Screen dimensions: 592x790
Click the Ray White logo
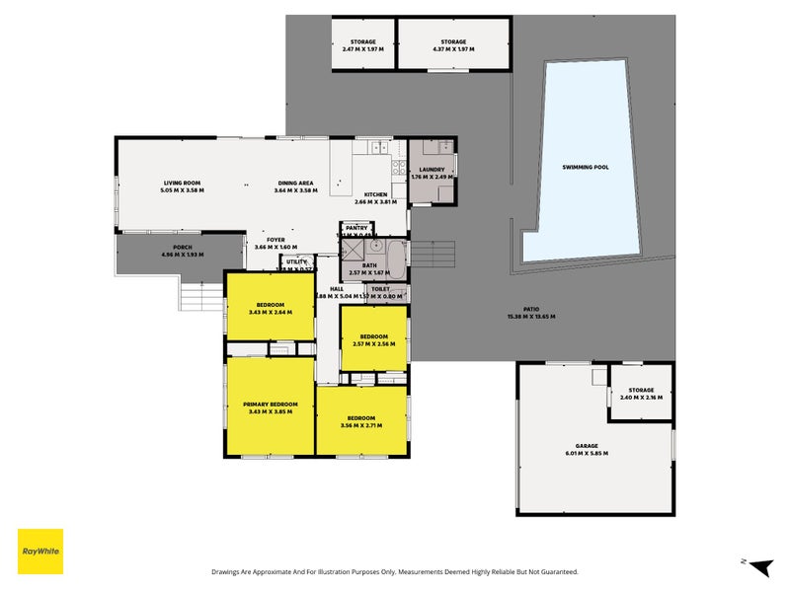(x=40, y=552)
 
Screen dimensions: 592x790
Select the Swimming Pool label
(x=585, y=168)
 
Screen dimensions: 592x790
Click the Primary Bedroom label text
(x=271, y=405)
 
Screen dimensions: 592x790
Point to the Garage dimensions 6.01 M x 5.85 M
(x=586, y=453)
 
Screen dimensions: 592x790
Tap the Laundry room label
(x=433, y=170)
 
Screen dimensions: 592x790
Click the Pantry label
(x=355, y=228)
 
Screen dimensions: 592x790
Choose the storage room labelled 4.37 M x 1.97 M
(x=454, y=45)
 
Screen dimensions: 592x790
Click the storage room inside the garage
(x=641, y=393)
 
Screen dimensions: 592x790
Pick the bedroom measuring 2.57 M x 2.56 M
(x=373, y=339)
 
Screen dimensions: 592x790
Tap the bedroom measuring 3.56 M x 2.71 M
(x=360, y=421)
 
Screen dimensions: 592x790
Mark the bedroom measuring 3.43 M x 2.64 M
(x=271, y=308)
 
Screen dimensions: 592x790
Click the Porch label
(x=181, y=247)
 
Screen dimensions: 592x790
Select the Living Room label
(x=183, y=183)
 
